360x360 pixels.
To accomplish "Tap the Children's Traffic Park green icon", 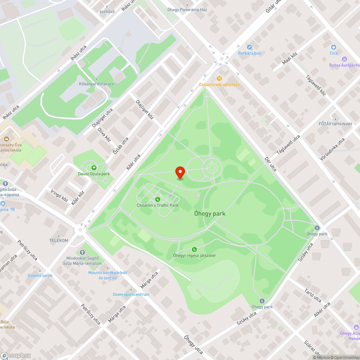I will (157, 199).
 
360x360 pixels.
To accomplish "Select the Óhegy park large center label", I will (210, 213).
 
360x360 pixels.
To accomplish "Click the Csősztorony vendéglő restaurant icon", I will (219, 78).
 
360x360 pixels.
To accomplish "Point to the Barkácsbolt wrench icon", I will (249, 47).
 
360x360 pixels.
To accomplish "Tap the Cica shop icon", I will (334, 47).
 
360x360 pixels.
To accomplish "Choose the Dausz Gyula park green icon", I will (94, 168).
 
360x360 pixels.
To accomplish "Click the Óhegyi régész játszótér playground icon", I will (194, 249).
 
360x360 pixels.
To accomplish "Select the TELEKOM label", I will (59, 240).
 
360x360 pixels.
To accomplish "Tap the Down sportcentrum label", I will (131, 294).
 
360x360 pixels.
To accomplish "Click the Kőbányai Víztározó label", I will (96, 84).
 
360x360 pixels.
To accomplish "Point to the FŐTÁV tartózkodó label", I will (335, 124).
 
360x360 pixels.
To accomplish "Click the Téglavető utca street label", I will (288, 145).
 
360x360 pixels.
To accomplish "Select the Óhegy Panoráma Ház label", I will (187, 10).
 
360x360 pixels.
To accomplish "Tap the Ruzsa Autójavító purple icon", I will (345, 59).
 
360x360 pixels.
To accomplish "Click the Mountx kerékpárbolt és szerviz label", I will (108, 275).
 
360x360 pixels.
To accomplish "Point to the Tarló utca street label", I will (312, 295).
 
